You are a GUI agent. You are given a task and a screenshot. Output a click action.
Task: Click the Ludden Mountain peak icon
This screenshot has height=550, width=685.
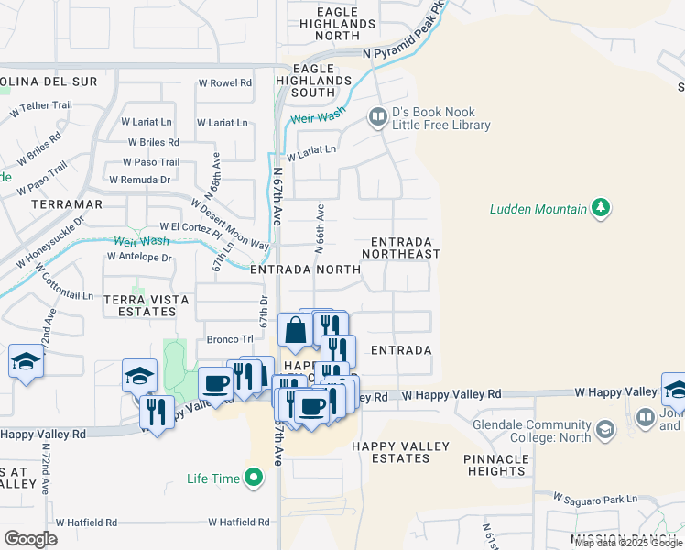pyautogui.click(x=600, y=208)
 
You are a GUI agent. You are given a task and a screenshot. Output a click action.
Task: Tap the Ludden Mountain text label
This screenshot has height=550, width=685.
pyautogui.click(x=538, y=209)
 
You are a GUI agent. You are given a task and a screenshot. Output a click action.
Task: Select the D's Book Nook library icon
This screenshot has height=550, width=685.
pyautogui.click(x=376, y=116)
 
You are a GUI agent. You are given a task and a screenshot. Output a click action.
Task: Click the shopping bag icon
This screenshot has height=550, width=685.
pyautogui.click(x=295, y=331)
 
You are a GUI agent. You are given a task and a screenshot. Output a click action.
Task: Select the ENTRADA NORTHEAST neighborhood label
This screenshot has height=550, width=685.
pyautogui.click(x=401, y=247)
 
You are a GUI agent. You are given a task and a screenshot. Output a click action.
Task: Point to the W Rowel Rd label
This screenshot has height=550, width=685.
pyautogui.click(x=223, y=82)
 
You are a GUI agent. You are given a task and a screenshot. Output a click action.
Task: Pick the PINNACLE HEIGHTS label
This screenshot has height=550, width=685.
pyautogui.click(x=495, y=465)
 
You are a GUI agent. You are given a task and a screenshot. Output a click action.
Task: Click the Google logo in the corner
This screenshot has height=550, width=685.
pyautogui.click(x=30, y=539)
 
